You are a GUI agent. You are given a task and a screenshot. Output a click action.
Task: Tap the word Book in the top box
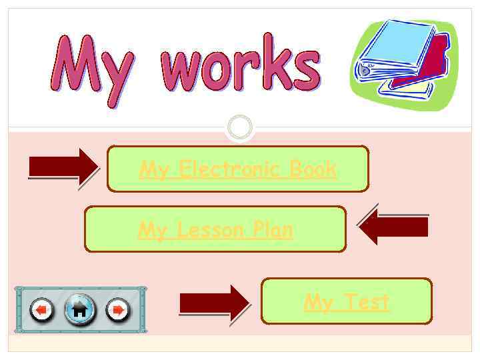313,169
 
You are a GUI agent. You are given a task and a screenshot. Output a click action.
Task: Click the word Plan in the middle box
271,230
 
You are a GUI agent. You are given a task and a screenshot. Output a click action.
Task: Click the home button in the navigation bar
79,309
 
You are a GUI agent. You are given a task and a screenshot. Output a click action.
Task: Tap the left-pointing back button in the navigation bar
43,309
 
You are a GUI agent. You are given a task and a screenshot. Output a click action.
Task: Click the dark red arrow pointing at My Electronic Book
64,167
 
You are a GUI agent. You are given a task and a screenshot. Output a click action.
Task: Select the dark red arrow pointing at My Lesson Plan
393,227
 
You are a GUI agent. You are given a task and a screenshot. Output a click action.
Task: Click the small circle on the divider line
240,127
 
